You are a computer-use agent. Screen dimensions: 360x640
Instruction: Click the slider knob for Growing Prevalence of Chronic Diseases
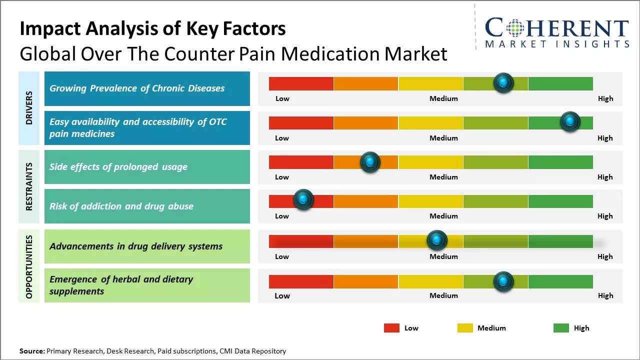tap(503, 82)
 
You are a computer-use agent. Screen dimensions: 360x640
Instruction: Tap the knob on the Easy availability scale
tap(569, 121)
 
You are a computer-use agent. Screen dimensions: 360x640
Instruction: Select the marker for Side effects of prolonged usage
tap(370, 161)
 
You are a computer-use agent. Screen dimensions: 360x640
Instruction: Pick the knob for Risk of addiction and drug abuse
tap(303, 200)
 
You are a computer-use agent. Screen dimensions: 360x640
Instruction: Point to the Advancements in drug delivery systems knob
tap(437, 240)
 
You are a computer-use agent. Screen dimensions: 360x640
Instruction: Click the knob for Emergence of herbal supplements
tap(503, 281)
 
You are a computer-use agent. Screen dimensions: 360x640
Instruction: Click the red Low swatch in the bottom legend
tap(391, 328)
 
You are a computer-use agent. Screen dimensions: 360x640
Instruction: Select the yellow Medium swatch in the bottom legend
tap(465, 328)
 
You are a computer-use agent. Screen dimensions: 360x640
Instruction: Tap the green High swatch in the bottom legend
tap(561, 328)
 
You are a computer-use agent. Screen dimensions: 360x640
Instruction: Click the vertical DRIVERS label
tap(29, 107)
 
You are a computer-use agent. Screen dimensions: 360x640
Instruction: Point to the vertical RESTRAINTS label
tap(29, 186)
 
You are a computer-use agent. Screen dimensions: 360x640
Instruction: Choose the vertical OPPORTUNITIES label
tap(29, 266)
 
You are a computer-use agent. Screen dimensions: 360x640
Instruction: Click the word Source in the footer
tap(32, 351)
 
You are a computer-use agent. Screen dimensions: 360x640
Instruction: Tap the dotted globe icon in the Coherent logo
tap(514, 28)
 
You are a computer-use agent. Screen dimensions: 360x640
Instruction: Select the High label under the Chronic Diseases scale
tap(605, 98)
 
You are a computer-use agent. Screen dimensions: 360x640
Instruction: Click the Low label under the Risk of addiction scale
tap(282, 216)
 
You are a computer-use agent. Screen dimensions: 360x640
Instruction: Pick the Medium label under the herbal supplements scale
tap(443, 295)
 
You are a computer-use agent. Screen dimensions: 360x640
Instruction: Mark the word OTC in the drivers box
tap(217, 122)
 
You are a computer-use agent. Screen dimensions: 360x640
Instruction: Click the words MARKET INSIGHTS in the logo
tap(556, 44)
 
